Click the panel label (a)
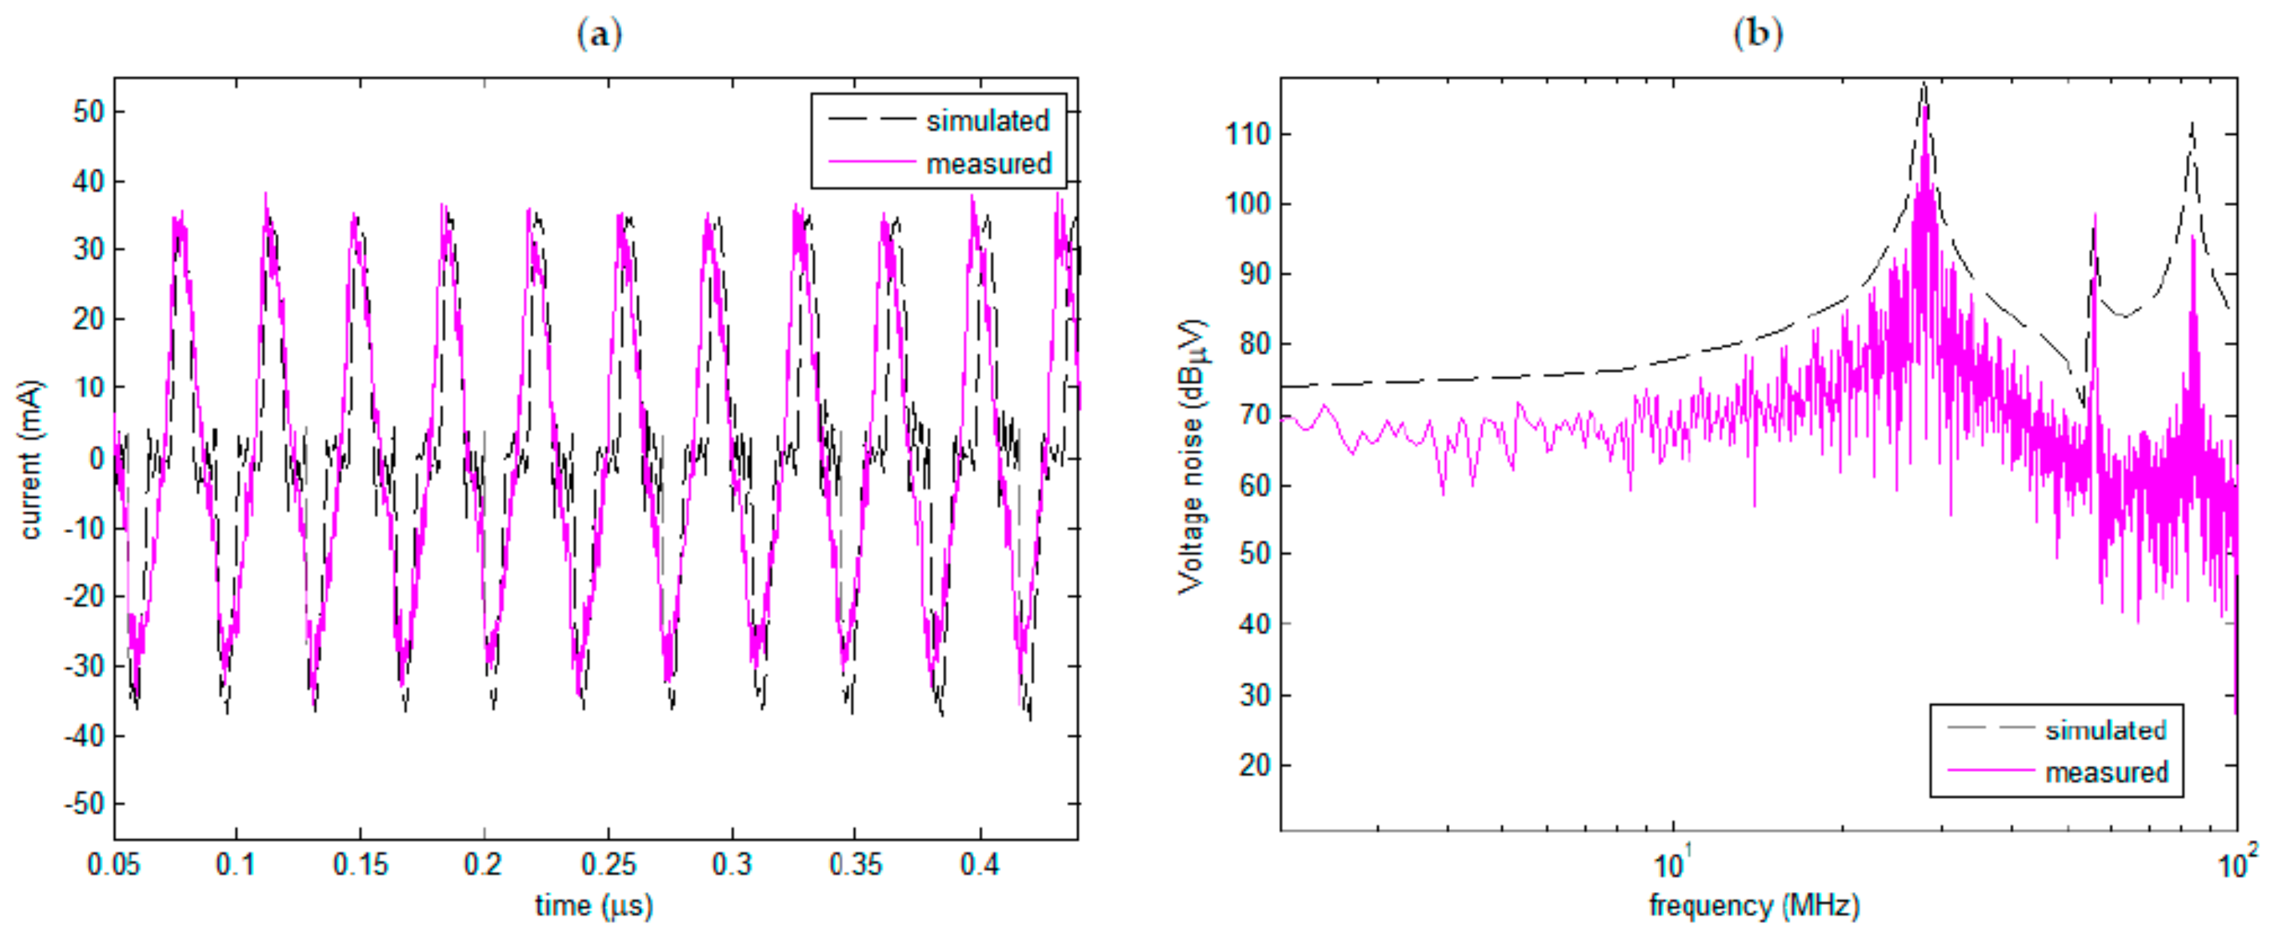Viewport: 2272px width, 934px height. click(x=599, y=34)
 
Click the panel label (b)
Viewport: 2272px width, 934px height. click(x=1757, y=34)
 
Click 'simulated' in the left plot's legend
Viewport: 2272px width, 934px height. click(x=987, y=121)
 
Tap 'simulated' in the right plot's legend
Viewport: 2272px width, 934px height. click(x=2105, y=731)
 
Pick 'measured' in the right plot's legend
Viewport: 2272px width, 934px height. click(x=2106, y=773)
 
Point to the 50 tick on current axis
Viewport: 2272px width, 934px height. click(x=88, y=112)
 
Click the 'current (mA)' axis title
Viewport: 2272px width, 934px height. click(x=31, y=459)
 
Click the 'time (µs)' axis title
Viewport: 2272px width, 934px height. click(x=594, y=906)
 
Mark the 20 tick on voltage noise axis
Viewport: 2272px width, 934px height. click(x=1254, y=765)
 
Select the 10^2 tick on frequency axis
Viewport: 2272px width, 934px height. click(x=2237, y=864)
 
